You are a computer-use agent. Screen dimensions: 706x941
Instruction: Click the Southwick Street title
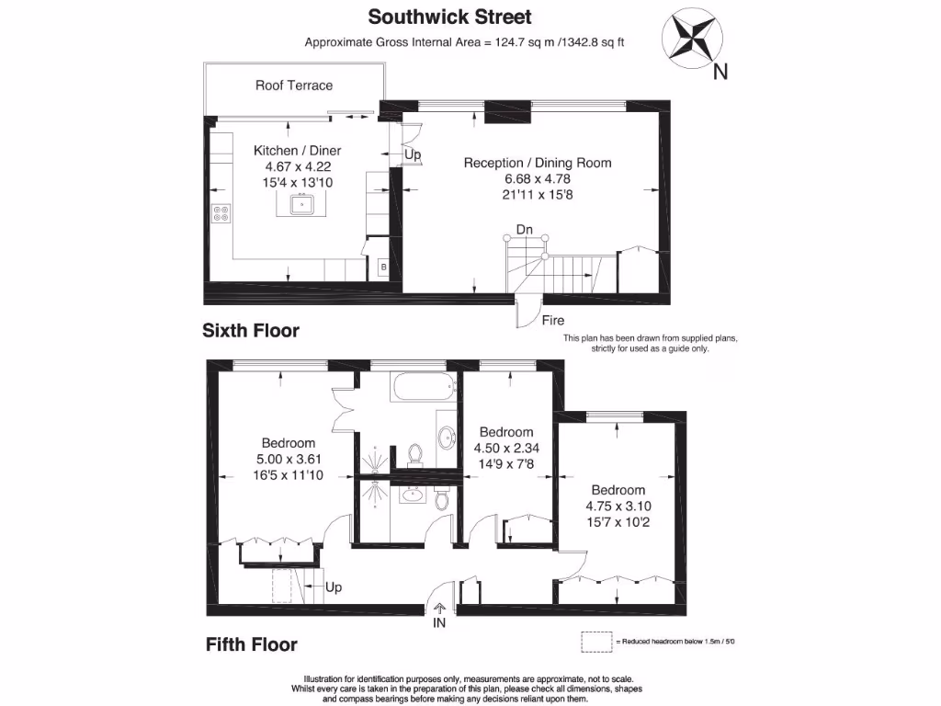pyautogui.click(x=449, y=17)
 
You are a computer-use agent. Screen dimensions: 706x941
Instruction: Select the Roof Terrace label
pyautogui.click(x=294, y=85)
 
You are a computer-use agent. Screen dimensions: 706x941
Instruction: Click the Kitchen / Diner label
pyautogui.click(x=297, y=151)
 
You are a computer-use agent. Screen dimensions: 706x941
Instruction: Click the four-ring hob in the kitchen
pyautogui.click(x=221, y=213)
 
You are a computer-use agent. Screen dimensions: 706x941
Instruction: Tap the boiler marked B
pyautogui.click(x=382, y=268)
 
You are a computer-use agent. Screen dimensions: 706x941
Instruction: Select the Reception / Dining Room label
pyautogui.click(x=538, y=163)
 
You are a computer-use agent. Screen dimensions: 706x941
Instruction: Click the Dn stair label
pyautogui.click(x=524, y=229)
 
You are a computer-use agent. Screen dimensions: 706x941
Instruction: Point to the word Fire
pyautogui.click(x=553, y=321)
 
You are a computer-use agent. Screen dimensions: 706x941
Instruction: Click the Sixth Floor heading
pyautogui.click(x=251, y=331)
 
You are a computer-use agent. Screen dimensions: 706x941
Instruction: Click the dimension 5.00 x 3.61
pyautogui.click(x=288, y=459)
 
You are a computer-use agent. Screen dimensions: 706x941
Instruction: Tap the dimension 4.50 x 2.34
pyautogui.click(x=505, y=448)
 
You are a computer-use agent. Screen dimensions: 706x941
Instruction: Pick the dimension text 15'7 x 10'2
pyautogui.click(x=618, y=521)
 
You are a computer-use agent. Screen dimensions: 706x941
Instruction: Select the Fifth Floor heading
pyautogui.click(x=251, y=644)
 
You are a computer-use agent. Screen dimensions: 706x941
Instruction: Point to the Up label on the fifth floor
pyautogui.click(x=334, y=587)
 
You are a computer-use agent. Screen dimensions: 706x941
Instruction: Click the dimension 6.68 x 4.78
pyautogui.click(x=538, y=179)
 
